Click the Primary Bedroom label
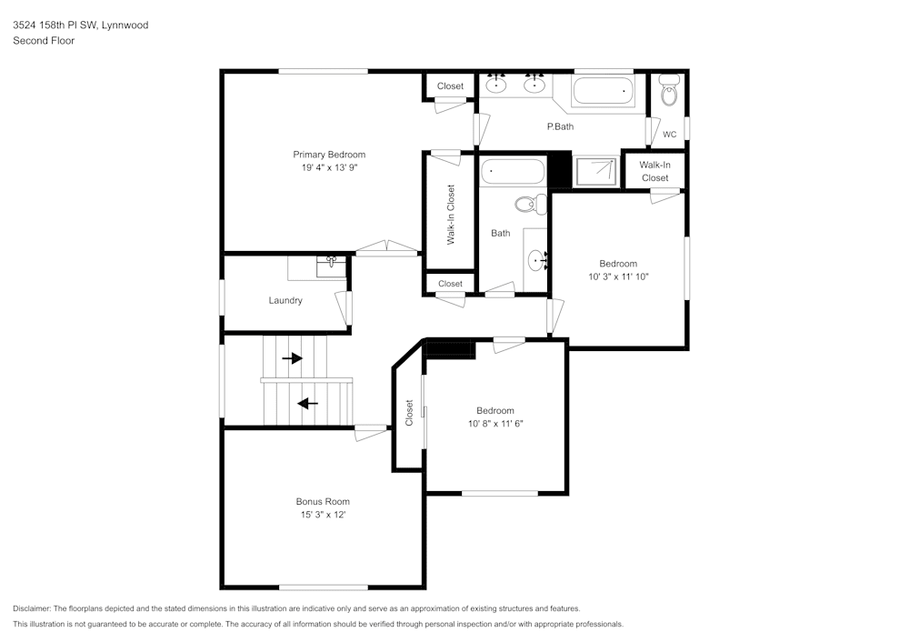coord(328,155)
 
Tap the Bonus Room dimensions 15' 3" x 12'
coord(323,515)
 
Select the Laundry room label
coord(285,300)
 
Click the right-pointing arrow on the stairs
coord(292,358)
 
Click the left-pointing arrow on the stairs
coord(308,403)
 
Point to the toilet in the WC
coord(669,93)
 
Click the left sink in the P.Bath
coord(496,85)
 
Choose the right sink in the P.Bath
coord(534,85)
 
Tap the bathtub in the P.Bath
coord(604,91)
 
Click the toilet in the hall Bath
coord(527,203)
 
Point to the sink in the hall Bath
coord(537,263)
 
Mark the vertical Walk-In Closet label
coord(450,215)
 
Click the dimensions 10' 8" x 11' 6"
coord(495,424)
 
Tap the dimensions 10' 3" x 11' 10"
coord(618,276)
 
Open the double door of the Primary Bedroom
coord(387,248)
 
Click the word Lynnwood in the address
coord(125,25)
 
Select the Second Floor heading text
coord(44,41)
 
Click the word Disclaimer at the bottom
coord(32,608)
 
